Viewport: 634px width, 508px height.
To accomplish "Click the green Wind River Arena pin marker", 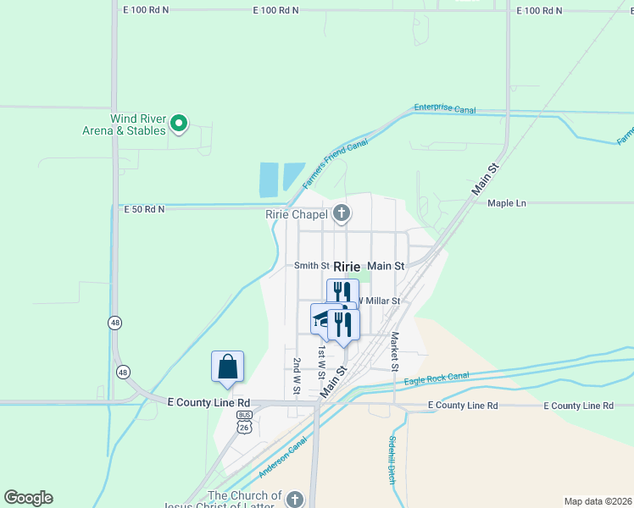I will click(179, 124).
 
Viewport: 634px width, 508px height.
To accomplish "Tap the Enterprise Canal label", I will click(445, 109).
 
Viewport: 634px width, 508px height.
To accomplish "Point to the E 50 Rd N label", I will click(144, 209).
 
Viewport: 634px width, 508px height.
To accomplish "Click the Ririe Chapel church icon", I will click(342, 213).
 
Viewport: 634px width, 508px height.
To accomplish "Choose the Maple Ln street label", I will click(507, 204).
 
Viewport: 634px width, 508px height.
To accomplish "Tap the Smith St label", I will click(311, 266).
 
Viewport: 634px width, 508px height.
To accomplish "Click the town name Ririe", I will click(348, 266).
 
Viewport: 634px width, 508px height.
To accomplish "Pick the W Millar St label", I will click(377, 301).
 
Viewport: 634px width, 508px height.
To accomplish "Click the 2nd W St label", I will click(298, 373).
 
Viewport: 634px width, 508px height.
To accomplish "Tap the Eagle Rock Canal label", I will click(437, 378).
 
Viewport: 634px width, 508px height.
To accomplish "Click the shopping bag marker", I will click(227, 367).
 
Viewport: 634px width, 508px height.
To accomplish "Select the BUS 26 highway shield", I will click(245, 422).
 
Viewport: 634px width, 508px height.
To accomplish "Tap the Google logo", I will click(28, 498).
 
